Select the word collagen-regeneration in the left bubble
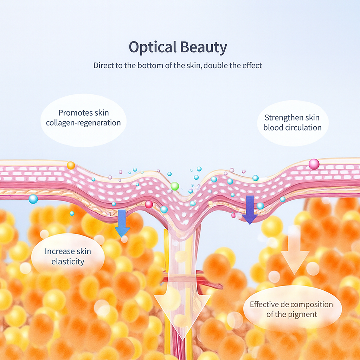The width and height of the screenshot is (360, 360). [x=83, y=123]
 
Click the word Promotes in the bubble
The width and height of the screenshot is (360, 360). [x=73, y=113]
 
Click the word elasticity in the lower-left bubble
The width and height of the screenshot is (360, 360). [x=68, y=262]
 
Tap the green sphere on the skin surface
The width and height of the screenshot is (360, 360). [x=175, y=186]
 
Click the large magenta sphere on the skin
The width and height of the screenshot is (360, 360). [x=314, y=164]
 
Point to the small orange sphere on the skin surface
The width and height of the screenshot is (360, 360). [x=71, y=165]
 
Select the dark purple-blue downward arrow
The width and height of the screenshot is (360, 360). [x=250, y=210]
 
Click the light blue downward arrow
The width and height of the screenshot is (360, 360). [x=122, y=223]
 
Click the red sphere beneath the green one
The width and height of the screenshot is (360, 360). [x=149, y=204]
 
